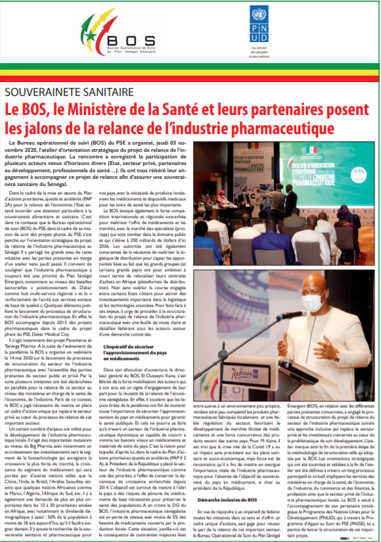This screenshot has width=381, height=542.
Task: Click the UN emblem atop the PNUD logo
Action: click(266, 15)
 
